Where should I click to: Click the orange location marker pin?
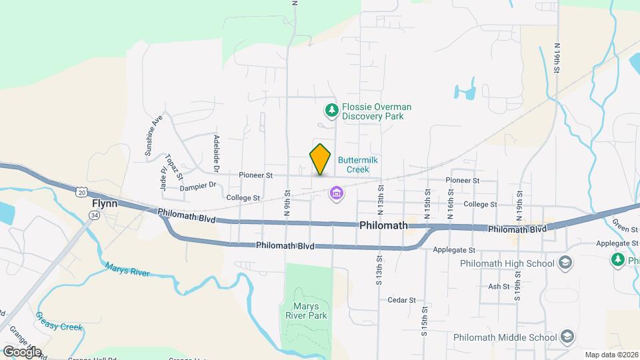(321, 159)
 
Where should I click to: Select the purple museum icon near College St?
(337, 193)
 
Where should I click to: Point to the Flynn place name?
(105, 203)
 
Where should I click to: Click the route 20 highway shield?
(81, 192)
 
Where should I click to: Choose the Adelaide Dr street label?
(217, 151)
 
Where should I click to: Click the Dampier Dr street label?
(199, 185)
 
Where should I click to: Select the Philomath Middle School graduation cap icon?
(567, 336)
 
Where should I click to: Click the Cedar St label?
(401, 301)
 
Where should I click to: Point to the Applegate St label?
(453, 250)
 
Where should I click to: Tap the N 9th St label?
(287, 201)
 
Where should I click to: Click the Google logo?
(22, 351)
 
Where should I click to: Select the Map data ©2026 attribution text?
(611, 355)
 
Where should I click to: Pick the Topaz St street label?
(171, 163)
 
